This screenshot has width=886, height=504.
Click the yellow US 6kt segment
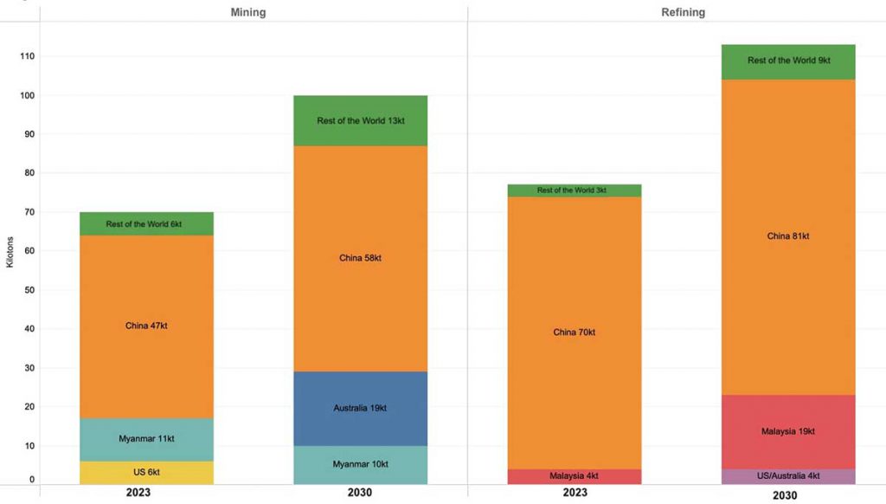[146, 472]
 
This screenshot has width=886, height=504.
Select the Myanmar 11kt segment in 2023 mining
[146, 439]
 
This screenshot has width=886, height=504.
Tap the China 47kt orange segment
[146, 326]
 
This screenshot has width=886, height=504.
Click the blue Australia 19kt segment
[360, 408]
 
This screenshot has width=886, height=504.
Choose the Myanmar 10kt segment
[360, 465]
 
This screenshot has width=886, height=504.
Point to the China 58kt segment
[360, 258]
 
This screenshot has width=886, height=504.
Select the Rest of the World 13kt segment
[360, 120]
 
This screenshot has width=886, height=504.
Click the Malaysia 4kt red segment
[574, 476]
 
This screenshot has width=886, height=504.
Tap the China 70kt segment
[574, 333]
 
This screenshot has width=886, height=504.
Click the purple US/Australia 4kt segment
[787, 476]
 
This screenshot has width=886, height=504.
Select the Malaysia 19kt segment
[787, 431]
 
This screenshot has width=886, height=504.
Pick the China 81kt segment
[787, 236]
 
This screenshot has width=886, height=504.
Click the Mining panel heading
[247, 12]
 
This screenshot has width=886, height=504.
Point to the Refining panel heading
[683, 12]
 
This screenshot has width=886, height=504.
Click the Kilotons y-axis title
[10, 250]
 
